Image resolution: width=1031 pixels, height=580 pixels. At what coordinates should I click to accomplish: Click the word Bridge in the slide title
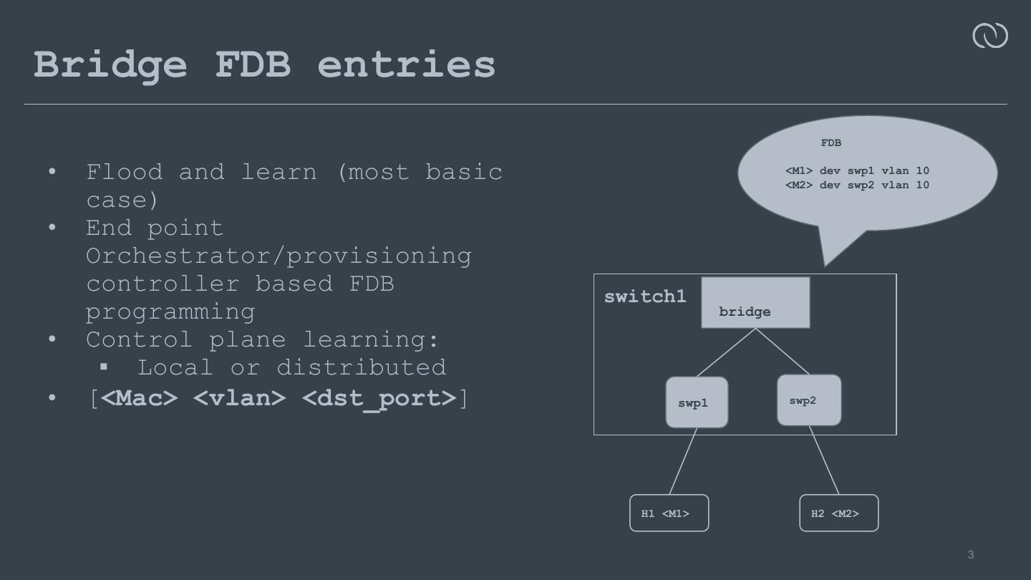[110, 64]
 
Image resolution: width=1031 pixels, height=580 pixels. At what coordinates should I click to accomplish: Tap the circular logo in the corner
[989, 36]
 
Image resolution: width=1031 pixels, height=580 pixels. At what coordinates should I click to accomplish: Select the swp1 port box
[697, 402]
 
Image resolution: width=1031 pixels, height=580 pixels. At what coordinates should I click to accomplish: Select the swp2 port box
[809, 400]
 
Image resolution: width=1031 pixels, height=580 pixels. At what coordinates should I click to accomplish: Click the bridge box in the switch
[755, 303]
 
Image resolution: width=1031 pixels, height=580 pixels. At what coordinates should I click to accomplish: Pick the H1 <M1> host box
[669, 513]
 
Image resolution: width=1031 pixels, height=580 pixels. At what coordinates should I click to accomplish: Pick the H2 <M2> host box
[838, 513]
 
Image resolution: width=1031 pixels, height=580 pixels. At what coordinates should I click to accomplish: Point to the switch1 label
[645, 296]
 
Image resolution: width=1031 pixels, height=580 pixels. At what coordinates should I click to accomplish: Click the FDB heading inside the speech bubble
[831, 143]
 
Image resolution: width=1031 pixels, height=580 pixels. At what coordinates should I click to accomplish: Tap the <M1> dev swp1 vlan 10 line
[857, 170]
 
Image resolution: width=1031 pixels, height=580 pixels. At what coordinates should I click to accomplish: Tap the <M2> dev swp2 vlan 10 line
[857, 185]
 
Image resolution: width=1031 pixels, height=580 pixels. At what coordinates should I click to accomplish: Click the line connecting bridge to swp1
[726, 352]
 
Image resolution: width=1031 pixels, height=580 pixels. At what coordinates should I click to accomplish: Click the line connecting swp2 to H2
[824, 460]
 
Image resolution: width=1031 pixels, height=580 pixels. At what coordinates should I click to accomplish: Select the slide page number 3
[971, 555]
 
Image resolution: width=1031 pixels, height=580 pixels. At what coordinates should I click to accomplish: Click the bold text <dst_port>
[379, 397]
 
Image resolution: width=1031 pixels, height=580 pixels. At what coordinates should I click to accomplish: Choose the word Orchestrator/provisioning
[279, 256]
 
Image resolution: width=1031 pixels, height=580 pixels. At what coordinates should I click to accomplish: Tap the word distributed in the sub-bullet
[361, 367]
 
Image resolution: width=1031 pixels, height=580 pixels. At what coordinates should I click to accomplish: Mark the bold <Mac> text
[139, 397]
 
